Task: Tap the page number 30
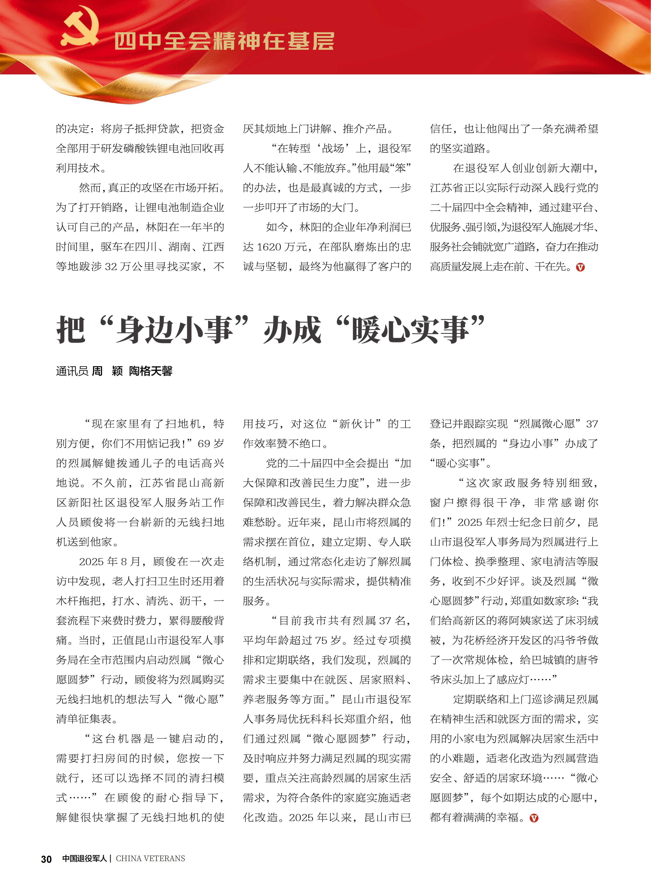coord(47,859)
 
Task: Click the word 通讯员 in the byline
coord(72,371)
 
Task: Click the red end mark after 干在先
coord(580,267)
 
